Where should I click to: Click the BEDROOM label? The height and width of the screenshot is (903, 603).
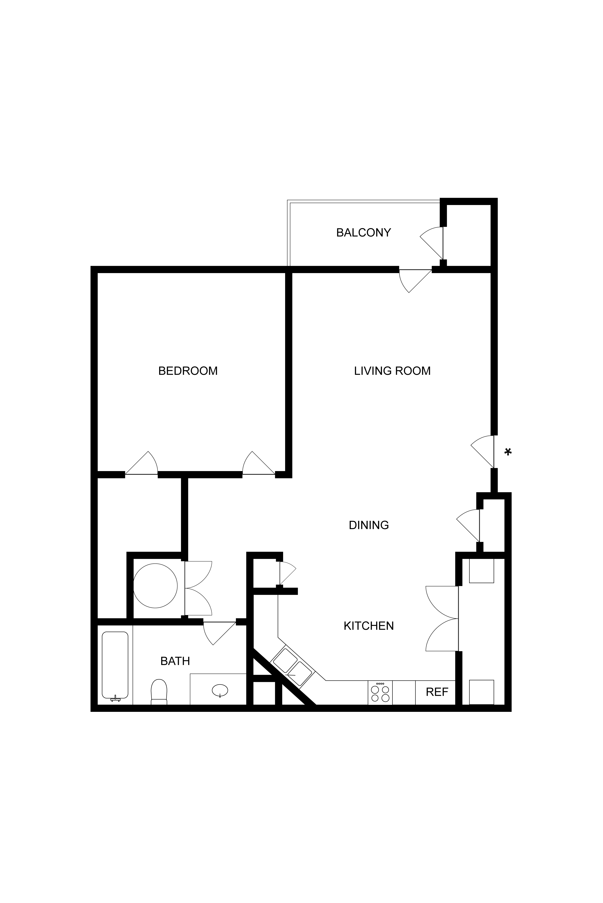pyautogui.click(x=188, y=371)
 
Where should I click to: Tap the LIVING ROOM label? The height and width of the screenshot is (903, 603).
pyautogui.click(x=392, y=371)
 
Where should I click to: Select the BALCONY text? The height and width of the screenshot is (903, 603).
pyautogui.click(x=363, y=233)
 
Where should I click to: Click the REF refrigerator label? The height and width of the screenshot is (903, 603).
pyautogui.click(x=437, y=692)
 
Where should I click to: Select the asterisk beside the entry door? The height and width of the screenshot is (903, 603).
pyautogui.click(x=508, y=452)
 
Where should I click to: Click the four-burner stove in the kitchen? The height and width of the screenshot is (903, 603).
pyautogui.click(x=380, y=692)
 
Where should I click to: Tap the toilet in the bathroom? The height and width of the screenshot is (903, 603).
pyautogui.click(x=159, y=692)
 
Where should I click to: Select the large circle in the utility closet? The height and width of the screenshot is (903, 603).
pyautogui.click(x=155, y=586)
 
